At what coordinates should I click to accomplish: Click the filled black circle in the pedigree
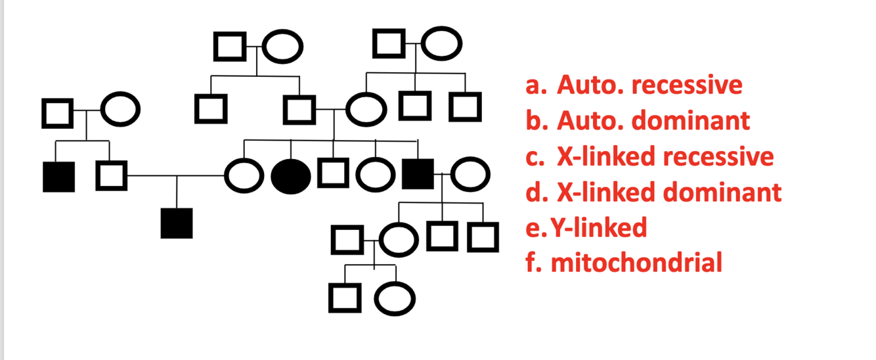pyautogui.click(x=290, y=176)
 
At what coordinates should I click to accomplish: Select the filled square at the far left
pyautogui.click(x=58, y=176)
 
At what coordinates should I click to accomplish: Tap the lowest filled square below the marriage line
pyautogui.click(x=177, y=223)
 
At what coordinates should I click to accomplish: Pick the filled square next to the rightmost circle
pyautogui.click(x=418, y=175)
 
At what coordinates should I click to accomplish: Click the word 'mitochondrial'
pyautogui.click(x=636, y=263)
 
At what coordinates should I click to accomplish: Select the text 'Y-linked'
pyautogui.click(x=598, y=227)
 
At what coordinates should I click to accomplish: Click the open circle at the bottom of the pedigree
pyautogui.click(x=395, y=299)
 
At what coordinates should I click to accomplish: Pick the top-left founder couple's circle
pyautogui.click(x=283, y=46)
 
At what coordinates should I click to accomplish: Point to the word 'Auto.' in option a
pyautogui.click(x=586, y=85)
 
